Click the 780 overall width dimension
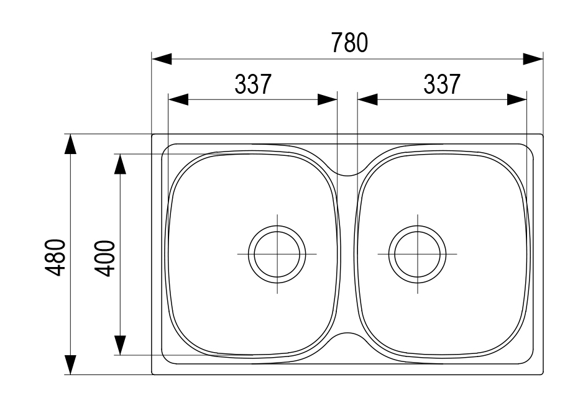pos(349,43)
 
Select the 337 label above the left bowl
pos(253,84)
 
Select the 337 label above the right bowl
pos(442,84)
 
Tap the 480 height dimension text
pos(55,257)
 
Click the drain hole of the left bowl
pos(277,254)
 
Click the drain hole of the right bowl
pos(417,254)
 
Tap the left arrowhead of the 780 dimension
pos(162,59)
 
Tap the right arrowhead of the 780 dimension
pos(533,59)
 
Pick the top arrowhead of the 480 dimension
pos(70,144)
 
